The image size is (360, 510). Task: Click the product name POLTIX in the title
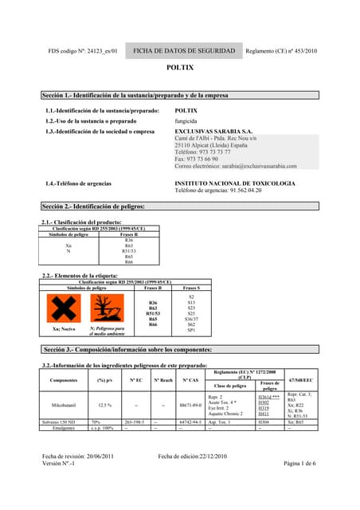pos(179,69)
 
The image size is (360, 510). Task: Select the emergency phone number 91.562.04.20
pos(236,190)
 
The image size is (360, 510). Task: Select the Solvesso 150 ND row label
pos(63,422)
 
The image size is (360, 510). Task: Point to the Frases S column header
pos(191,288)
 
